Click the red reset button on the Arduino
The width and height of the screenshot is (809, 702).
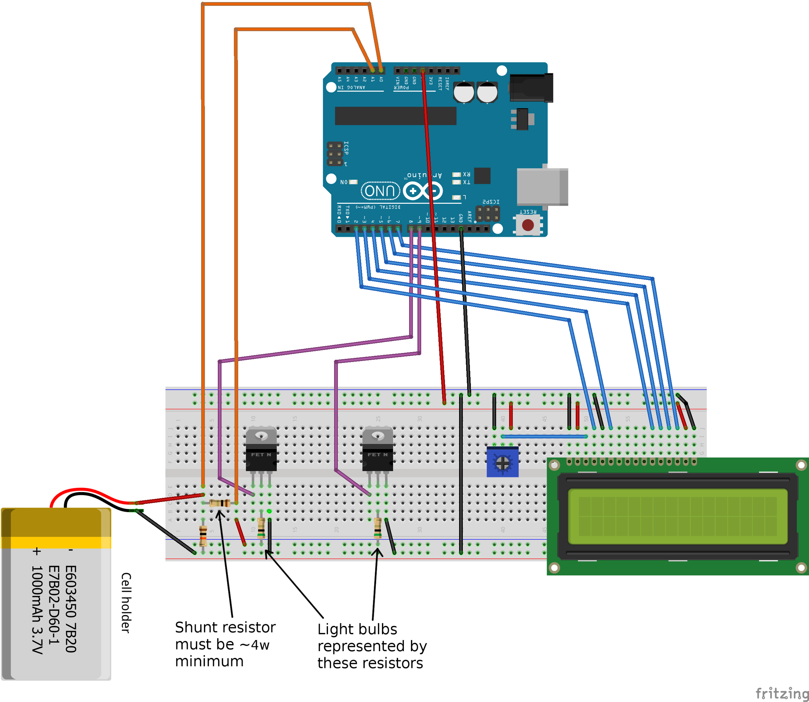[x=528, y=224]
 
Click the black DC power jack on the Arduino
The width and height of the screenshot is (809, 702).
[x=531, y=88]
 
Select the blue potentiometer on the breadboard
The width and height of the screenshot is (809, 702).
[x=502, y=462]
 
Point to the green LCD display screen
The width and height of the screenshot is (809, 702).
[x=677, y=516]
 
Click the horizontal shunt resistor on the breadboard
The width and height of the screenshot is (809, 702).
[x=220, y=503]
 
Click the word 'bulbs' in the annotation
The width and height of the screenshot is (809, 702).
[x=379, y=629]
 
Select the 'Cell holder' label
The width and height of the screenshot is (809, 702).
[x=126, y=603]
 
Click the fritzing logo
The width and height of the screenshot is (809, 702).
[x=781, y=693]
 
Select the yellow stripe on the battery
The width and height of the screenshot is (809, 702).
[x=56, y=542]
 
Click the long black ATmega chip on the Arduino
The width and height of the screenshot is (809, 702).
[x=395, y=116]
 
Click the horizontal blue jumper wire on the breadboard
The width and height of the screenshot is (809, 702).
[x=544, y=436]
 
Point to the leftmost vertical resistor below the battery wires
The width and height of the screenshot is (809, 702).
[x=203, y=536]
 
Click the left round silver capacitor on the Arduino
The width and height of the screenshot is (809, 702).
[x=464, y=92]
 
